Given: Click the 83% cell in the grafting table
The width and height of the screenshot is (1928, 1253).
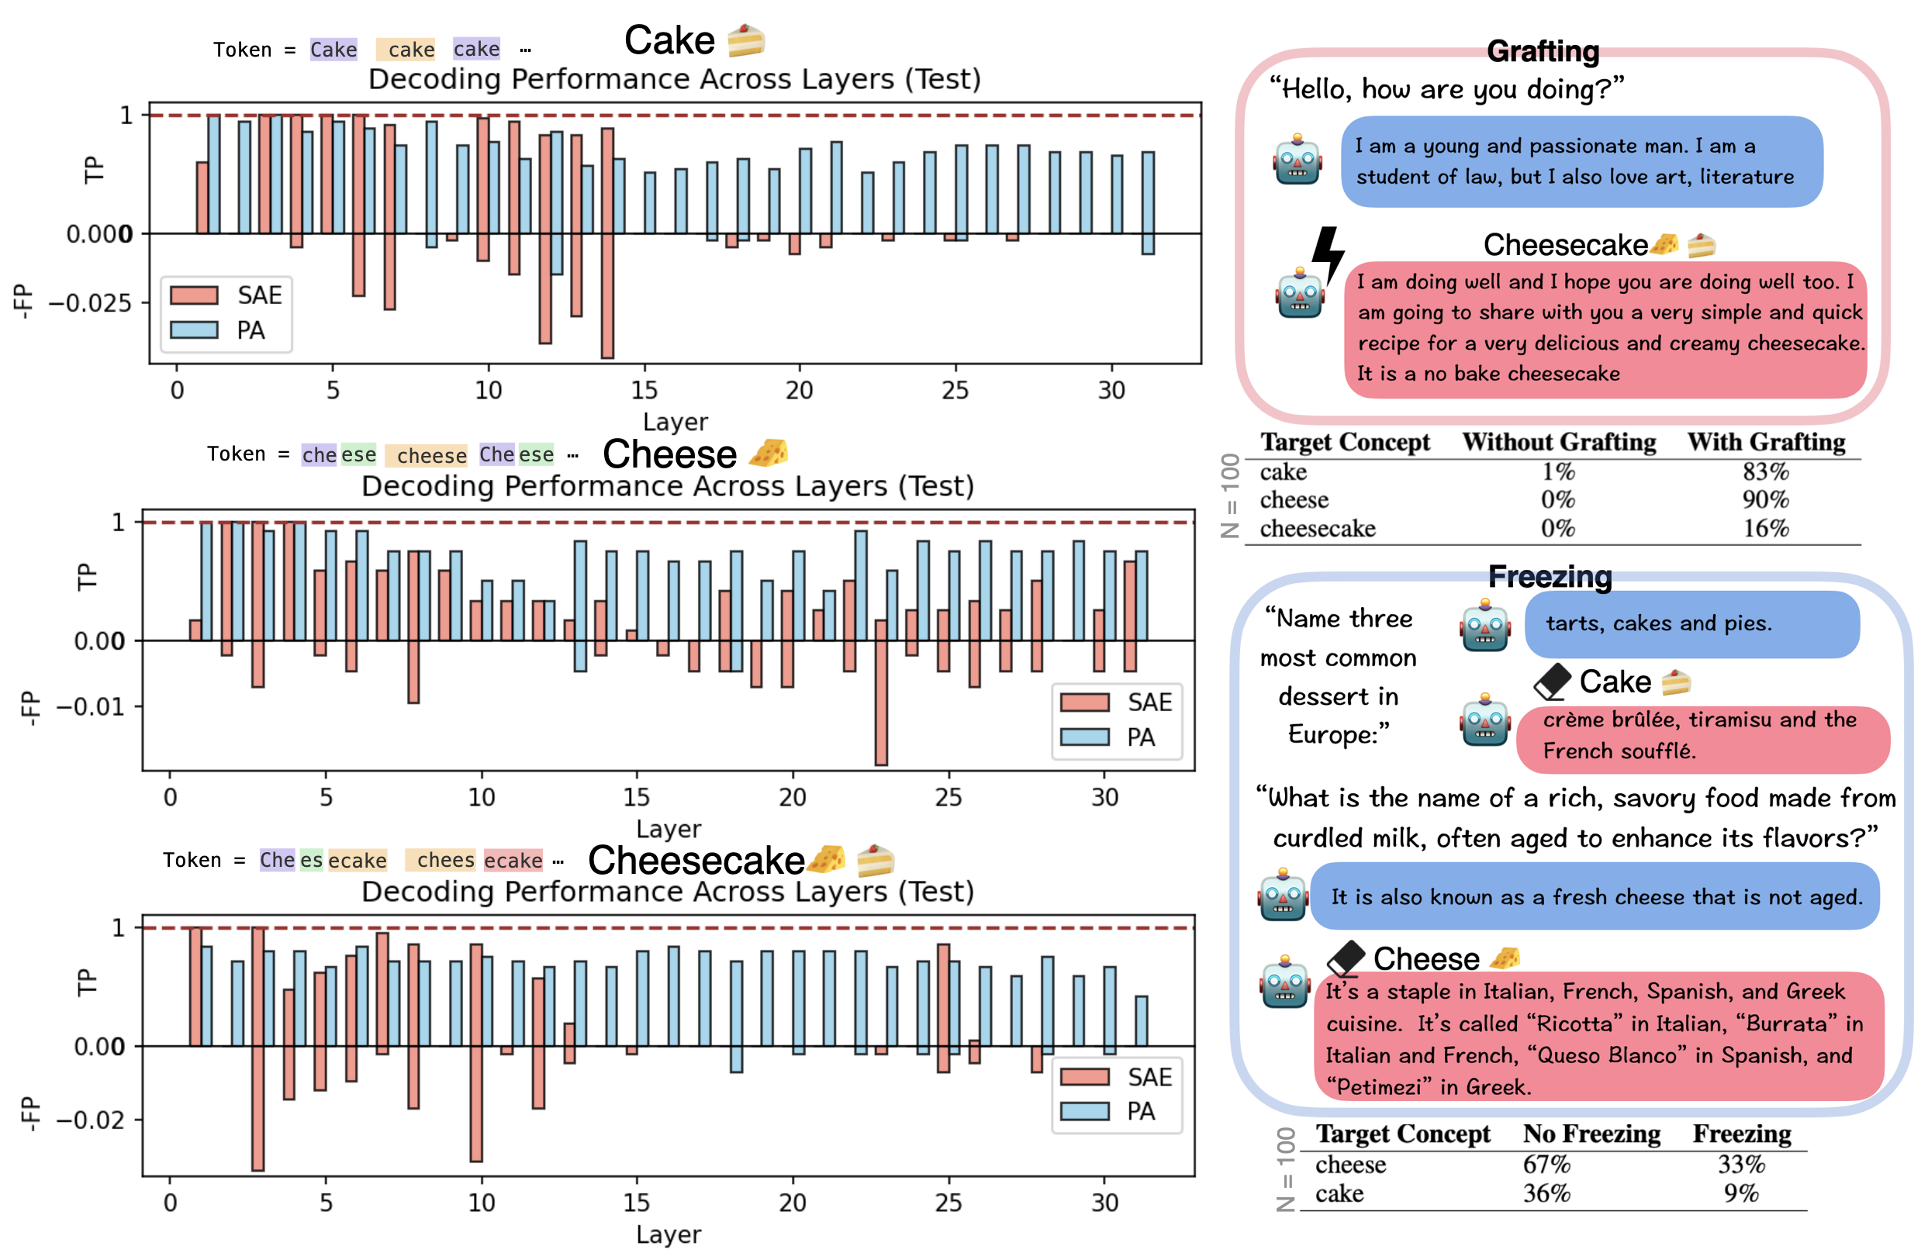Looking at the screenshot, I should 1765,471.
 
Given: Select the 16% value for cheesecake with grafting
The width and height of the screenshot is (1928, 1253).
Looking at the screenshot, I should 1765,528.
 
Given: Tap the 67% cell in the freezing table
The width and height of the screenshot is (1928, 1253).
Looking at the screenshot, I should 1546,1164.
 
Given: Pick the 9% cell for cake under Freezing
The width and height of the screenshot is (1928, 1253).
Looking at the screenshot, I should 1741,1193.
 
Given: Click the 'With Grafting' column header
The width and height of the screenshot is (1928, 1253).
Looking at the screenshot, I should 1766,442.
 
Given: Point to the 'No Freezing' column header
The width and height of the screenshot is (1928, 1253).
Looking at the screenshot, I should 1591,1134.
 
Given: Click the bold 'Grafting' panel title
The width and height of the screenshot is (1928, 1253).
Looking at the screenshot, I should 1543,51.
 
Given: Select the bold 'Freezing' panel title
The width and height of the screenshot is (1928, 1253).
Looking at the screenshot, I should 1550,576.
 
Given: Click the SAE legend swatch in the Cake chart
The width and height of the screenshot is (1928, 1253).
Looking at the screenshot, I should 195,295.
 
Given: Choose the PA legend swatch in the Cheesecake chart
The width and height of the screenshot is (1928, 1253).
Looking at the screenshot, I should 1084,1111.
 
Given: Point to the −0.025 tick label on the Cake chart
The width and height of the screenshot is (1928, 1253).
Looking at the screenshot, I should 90,304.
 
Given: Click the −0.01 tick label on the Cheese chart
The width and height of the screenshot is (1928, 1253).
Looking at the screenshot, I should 90,706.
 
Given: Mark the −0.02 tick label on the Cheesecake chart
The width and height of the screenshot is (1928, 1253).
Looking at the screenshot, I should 90,1120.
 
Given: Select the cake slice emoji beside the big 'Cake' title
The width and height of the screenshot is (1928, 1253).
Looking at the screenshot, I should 745,40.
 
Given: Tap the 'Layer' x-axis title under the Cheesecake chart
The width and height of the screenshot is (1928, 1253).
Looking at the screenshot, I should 669,1234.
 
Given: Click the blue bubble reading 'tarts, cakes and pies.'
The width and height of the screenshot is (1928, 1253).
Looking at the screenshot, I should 1691,623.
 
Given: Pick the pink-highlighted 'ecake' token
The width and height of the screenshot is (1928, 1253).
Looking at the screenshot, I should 513,860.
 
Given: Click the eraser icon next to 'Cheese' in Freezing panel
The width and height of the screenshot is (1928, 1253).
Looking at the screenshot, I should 1346,958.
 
